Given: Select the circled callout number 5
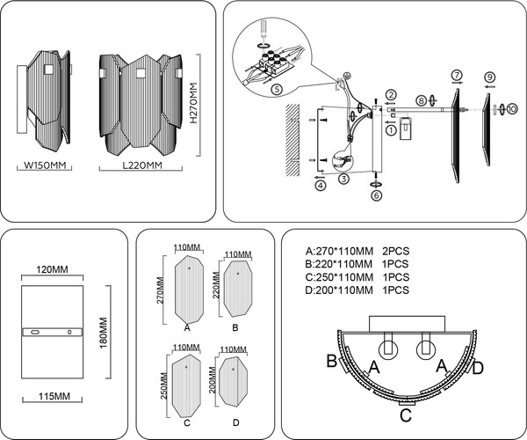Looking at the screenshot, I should pos(276,90).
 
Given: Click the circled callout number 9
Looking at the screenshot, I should pos(489,77).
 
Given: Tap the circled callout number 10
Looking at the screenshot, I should pos(512,109).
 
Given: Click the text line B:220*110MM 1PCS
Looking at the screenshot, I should pos(357,263).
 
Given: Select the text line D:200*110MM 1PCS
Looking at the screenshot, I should pos(357,290).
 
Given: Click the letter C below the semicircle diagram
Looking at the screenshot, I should pos(406,415).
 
